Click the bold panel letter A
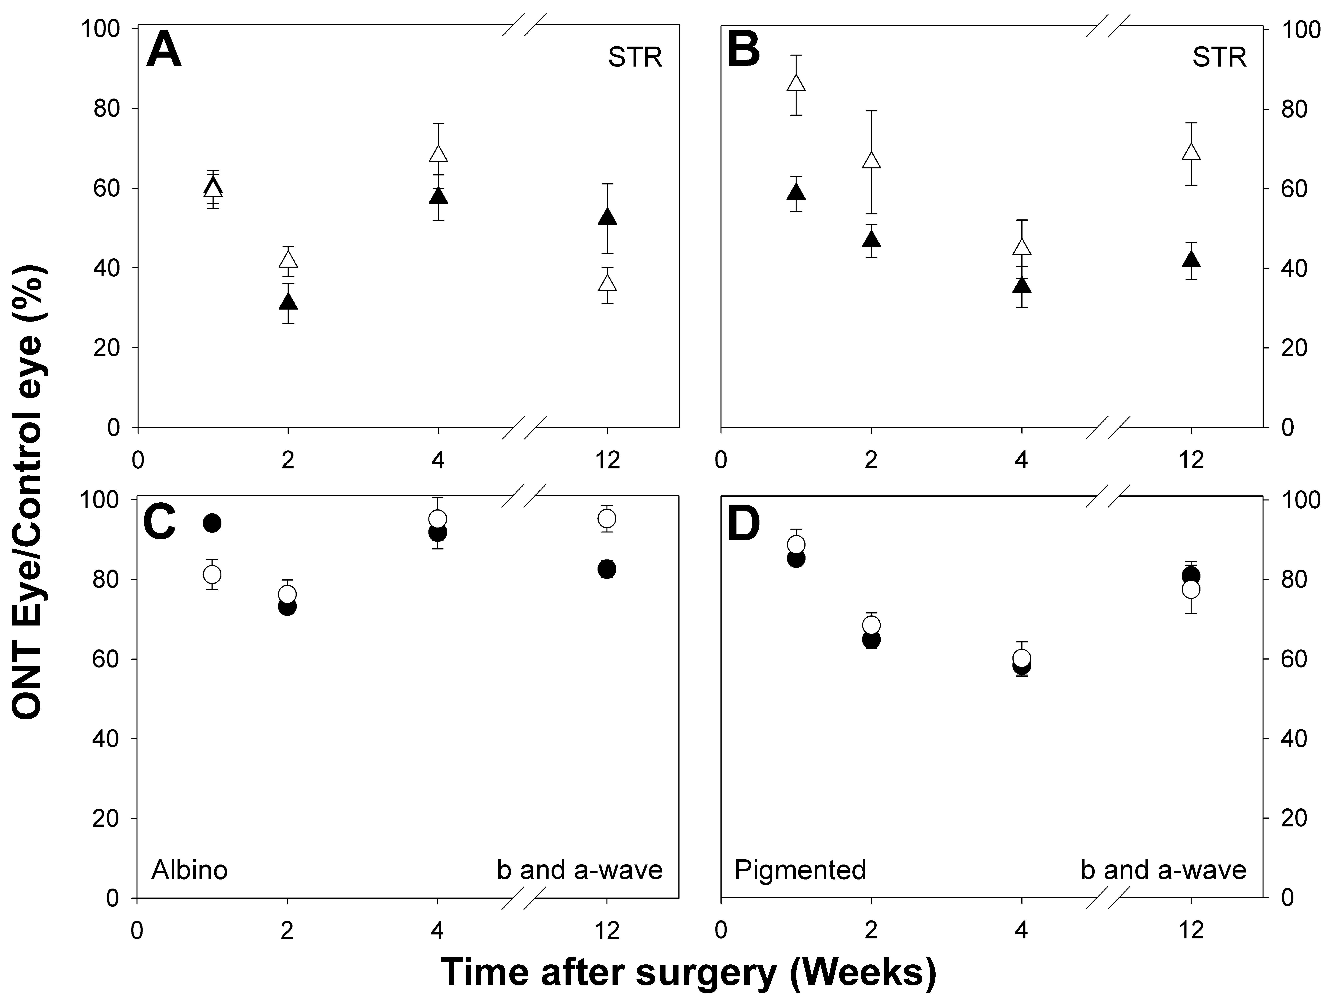pyautogui.click(x=164, y=51)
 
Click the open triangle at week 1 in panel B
pyautogui.click(x=796, y=83)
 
